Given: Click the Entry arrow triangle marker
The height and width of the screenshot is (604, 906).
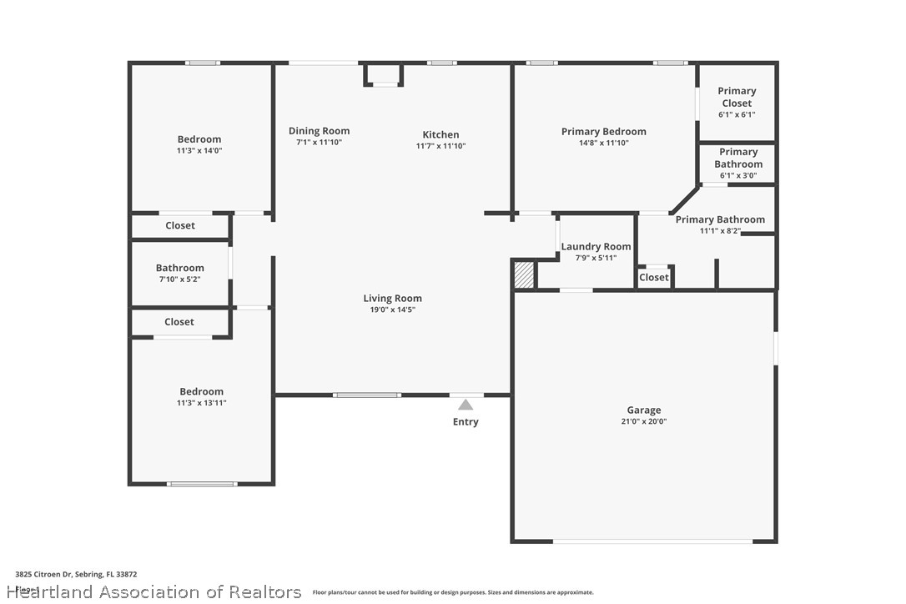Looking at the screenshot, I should click(x=466, y=405).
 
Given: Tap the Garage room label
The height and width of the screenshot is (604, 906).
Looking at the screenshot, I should click(x=643, y=410).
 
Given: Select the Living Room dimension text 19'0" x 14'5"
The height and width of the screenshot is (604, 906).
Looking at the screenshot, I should click(x=392, y=310).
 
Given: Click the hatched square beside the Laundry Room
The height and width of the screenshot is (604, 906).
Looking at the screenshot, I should click(x=524, y=275).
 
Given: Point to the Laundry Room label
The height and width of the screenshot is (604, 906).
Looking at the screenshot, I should click(x=596, y=247).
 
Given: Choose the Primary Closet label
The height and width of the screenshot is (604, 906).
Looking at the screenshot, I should click(x=737, y=97).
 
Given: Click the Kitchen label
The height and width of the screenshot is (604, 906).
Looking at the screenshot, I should click(x=440, y=134).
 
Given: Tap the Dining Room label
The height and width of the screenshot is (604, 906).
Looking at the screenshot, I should click(x=319, y=131).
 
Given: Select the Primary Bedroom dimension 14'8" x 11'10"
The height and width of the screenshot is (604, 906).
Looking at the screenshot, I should click(x=603, y=143).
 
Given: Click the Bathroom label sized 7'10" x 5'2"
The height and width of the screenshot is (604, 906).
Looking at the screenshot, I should click(x=179, y=268).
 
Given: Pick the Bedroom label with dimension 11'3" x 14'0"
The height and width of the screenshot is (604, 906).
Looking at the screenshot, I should click(x=199, y=139).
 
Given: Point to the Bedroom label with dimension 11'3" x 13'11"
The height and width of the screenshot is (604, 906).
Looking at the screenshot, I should click(x=201, y=391).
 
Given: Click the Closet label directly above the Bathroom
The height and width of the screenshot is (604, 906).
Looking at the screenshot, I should click(x=180, y=225).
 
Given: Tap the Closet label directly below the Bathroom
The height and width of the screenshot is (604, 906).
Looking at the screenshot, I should click(x=179, y=321).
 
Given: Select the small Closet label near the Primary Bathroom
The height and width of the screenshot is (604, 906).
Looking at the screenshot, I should click(x=654, y=277).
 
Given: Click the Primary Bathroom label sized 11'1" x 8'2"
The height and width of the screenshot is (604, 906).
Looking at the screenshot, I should click(x=719, y=219).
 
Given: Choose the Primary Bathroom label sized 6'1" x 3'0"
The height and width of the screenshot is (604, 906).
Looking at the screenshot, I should click(x=738, y=158).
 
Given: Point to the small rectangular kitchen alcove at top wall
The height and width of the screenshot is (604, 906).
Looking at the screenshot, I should click(x=384, y=73).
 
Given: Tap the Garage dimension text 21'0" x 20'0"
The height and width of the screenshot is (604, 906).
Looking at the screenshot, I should click(x=643, y=421).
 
